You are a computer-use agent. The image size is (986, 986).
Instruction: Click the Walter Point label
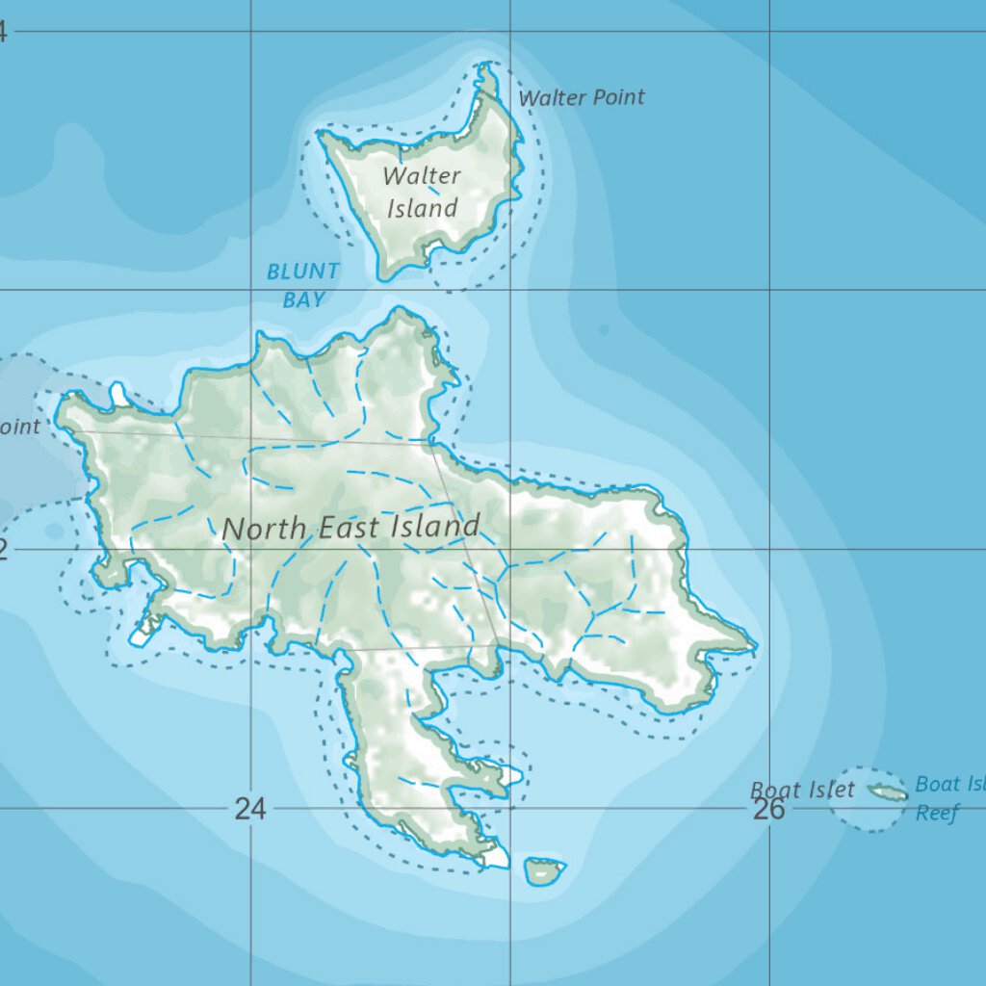[x=582, y=97]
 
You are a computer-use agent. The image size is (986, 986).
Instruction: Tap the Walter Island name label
[x=422, y=192]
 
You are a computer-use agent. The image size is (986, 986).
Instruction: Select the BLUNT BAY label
[x=303, y=285]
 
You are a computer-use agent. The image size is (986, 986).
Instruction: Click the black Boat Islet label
[x=802, y=791]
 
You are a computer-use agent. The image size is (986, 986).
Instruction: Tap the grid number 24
[x=249, y=809]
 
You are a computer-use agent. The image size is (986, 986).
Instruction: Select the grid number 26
[x=768, y=809]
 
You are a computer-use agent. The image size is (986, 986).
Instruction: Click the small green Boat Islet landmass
[x=887, y=792]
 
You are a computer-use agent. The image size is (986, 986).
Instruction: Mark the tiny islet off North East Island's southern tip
[x=544, y=870]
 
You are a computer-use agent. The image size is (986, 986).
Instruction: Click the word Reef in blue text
[x=937, y=814]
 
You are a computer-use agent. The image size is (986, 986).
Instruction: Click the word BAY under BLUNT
[x=303, y=299]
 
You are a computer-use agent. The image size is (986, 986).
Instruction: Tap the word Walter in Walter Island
[x=422, y=176]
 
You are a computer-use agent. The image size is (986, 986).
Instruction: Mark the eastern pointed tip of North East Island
[x=755, y=644]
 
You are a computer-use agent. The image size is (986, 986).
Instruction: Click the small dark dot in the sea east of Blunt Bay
[x=604, y=330]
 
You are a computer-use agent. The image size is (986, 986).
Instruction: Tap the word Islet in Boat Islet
[x=830, y=791]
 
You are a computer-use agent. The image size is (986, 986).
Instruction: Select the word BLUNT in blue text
[x=303, y=272]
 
